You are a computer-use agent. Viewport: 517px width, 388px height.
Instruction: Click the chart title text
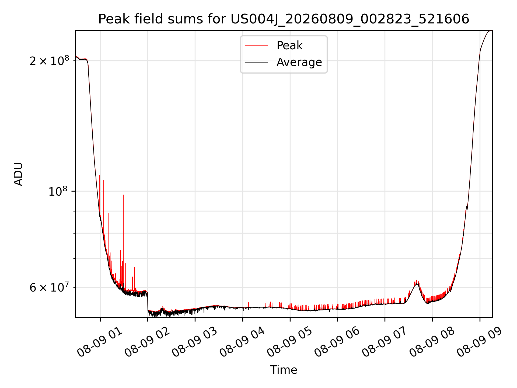tap(284, 19)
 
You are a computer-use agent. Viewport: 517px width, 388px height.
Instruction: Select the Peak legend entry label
tap(289, 46)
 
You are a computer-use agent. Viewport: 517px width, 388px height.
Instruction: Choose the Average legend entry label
tap(299, 62)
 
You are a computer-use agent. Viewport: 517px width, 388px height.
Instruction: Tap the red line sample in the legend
tap(256, 46)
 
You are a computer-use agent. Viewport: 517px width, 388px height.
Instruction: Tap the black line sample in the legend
tap(256, 62)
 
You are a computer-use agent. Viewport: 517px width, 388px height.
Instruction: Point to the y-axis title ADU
tap(18, 174)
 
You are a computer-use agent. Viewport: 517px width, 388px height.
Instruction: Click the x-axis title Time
tap(284, 370)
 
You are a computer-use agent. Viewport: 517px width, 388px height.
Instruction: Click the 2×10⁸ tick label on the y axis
tap(49, 61)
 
